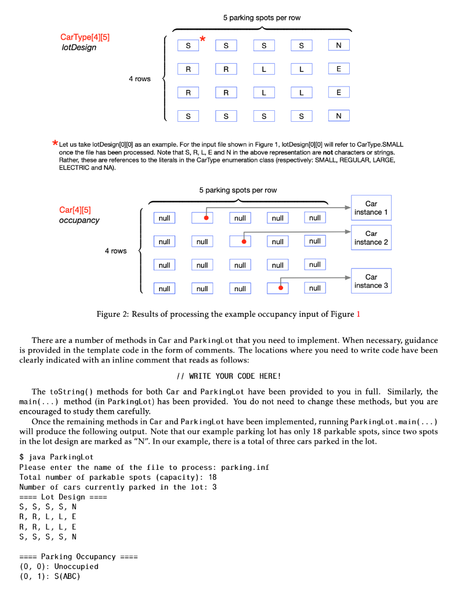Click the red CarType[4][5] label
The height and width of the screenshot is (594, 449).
coord(85,37)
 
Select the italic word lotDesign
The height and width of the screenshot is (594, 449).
coord(79,47)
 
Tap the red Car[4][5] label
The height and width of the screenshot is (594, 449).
coord(75,209)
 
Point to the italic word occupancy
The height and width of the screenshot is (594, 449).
coord(79,220)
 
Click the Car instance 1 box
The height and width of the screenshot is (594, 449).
coord(371,208)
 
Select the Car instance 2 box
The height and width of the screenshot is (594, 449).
coord(371,238)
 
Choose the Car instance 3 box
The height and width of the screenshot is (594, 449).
coord(371,281)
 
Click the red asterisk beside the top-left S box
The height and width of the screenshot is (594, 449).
coord(202,39)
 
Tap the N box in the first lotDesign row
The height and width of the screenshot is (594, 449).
coord(339,45)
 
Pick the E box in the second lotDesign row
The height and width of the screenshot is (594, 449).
coord(339,68)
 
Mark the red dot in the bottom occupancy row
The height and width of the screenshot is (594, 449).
coord(280,288)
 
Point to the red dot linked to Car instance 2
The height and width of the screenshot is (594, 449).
coord(244,241)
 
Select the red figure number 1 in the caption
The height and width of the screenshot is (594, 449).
coord(358,314)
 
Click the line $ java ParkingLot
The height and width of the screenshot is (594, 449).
coord(53,457)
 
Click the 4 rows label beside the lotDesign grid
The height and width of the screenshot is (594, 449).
coord(140,79)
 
